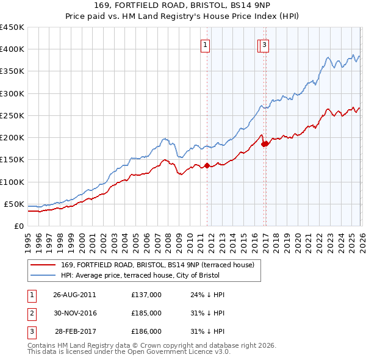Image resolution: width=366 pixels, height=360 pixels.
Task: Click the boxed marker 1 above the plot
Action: tap(206, 45)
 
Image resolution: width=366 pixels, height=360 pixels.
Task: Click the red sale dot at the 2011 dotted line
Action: tap(206, 165)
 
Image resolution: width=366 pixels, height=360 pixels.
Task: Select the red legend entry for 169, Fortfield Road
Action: tap(161, 265)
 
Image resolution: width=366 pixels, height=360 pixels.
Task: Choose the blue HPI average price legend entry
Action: tap(160, 275)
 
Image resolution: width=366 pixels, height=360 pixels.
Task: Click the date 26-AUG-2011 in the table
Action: tap(74, 294)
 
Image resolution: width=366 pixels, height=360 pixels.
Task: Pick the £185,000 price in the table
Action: tap(146, 313)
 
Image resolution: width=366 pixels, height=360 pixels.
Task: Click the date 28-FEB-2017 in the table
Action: tap(74, 331)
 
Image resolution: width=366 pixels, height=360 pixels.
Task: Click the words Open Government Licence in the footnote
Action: tap(174, 352)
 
